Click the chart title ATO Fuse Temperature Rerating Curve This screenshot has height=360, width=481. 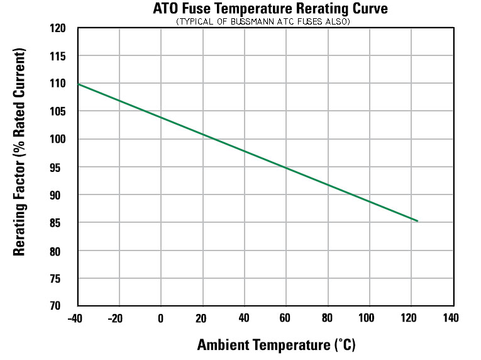pos(270,9)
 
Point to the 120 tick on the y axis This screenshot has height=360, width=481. pos(58,28)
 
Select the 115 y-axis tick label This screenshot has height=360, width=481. pos(58,57)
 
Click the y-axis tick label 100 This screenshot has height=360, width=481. pos(58,140)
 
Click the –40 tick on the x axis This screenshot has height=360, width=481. pos(76,318)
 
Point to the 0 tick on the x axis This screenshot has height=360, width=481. pos(160,318)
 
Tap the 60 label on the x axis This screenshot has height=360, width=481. pos(285,318)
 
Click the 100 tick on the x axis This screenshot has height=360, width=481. pos(368,318)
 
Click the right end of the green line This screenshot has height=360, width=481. pos(417,221)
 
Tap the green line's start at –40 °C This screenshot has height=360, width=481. pos(78,84)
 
